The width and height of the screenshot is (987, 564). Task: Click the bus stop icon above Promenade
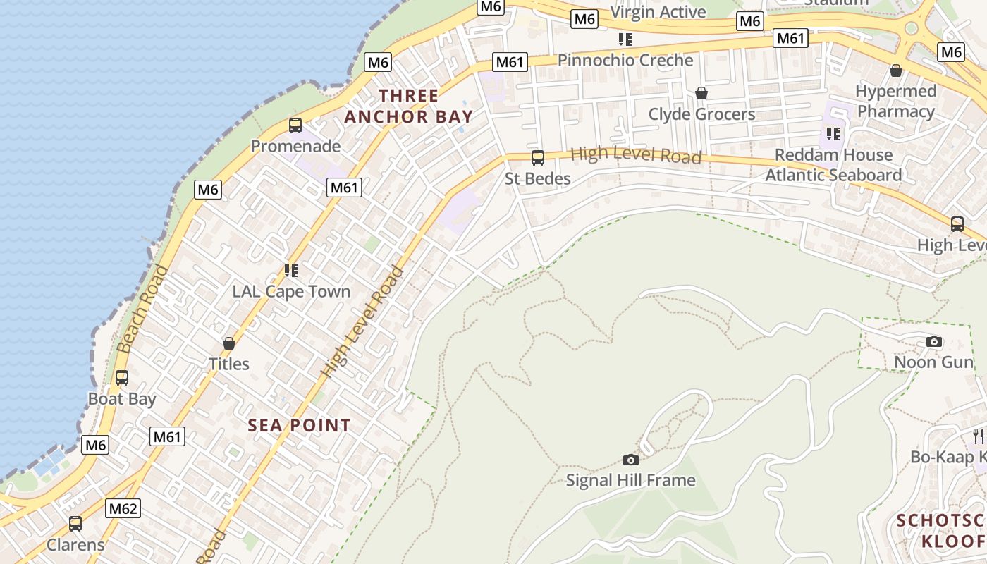pyautogui.click(x=295, y=125)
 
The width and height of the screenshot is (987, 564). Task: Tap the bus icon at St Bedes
pyautogui.click(x=538, y=158)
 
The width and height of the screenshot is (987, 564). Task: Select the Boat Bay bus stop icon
pyautogui.click(x=122, y=378)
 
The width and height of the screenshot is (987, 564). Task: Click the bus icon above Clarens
pyautogui.click(x=75, y=524)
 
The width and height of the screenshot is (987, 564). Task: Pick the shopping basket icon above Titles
pyautogui.click(x=229, y=343)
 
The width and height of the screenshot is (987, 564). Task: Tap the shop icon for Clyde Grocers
pyautogui.click(x=701, y=93)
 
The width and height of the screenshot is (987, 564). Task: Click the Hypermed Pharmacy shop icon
pyautogui.click(x=896, y=70)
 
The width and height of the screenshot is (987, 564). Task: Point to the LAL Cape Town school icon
pyautogui.click(x=291, y=270)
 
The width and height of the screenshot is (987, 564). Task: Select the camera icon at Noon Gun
pyautogui.click(x=934, y=342)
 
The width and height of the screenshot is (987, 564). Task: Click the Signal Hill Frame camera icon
pyautogui.click(x=631, y=460)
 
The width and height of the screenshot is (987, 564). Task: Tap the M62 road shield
pyautogui.click(x=123, y=508)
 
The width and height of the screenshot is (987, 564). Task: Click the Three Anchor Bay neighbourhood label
pyautogui.click(x=409, y=106)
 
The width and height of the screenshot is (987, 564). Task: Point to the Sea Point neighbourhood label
pyautogui.click(x=299, y=425)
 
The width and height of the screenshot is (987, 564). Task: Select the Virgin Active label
pyautogui.click(x=658, y=12)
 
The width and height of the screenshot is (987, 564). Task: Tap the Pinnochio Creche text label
pyautogui.click(x=625, y=61)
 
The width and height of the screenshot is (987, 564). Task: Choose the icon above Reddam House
pyautogui.click(x=833, y=133)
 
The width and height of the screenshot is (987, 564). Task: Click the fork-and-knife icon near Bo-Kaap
pyautogui.click(x=978, y=436)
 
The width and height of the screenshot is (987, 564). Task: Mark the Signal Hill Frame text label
pyautogui.click(x=631, y=481)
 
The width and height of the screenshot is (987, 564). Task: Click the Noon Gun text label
pyautogui.click(x=933, y=362)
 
